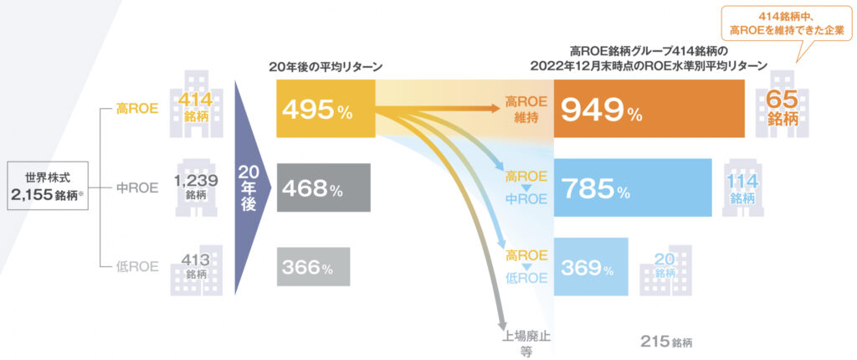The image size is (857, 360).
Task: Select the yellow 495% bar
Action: click(x=326, y=110)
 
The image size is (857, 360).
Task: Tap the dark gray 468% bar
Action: click(x=323, y=188)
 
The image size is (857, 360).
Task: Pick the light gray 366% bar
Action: click(x=313, y=267)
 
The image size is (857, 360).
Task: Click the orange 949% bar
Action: click(x=649, y=110)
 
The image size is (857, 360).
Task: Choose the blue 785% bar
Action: click(x=633, y=188)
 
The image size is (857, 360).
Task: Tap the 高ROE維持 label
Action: click(x=525, y=110)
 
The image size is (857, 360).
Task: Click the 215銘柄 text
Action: click(x=666, y=342)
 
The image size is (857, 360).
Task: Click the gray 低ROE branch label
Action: click(x=136, y=267)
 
